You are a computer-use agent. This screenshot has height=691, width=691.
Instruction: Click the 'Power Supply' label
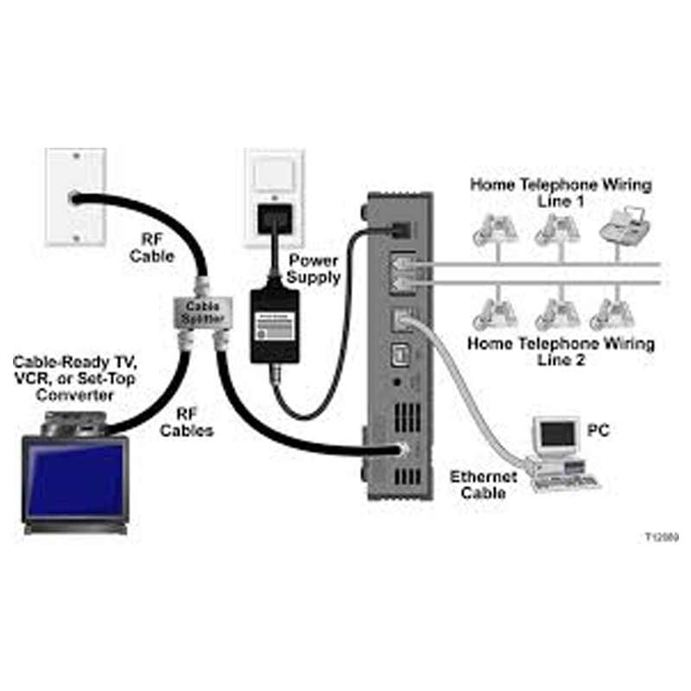(x=314, y=268)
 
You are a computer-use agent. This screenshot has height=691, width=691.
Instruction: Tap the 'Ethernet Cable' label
(x=483, y=485)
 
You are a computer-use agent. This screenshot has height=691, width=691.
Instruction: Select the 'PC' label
(x=598, y=429)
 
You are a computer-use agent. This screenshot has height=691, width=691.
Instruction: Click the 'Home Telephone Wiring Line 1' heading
(x=561, y=192)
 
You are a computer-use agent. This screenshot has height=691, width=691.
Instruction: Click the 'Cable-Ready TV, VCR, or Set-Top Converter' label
(x=73, y=377)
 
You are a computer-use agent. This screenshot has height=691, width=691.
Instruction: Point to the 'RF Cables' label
(x=186, y=422)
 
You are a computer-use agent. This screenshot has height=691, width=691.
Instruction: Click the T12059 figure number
(x=661, y=536)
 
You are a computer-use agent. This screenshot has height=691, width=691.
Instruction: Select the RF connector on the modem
(x=400, y=449)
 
